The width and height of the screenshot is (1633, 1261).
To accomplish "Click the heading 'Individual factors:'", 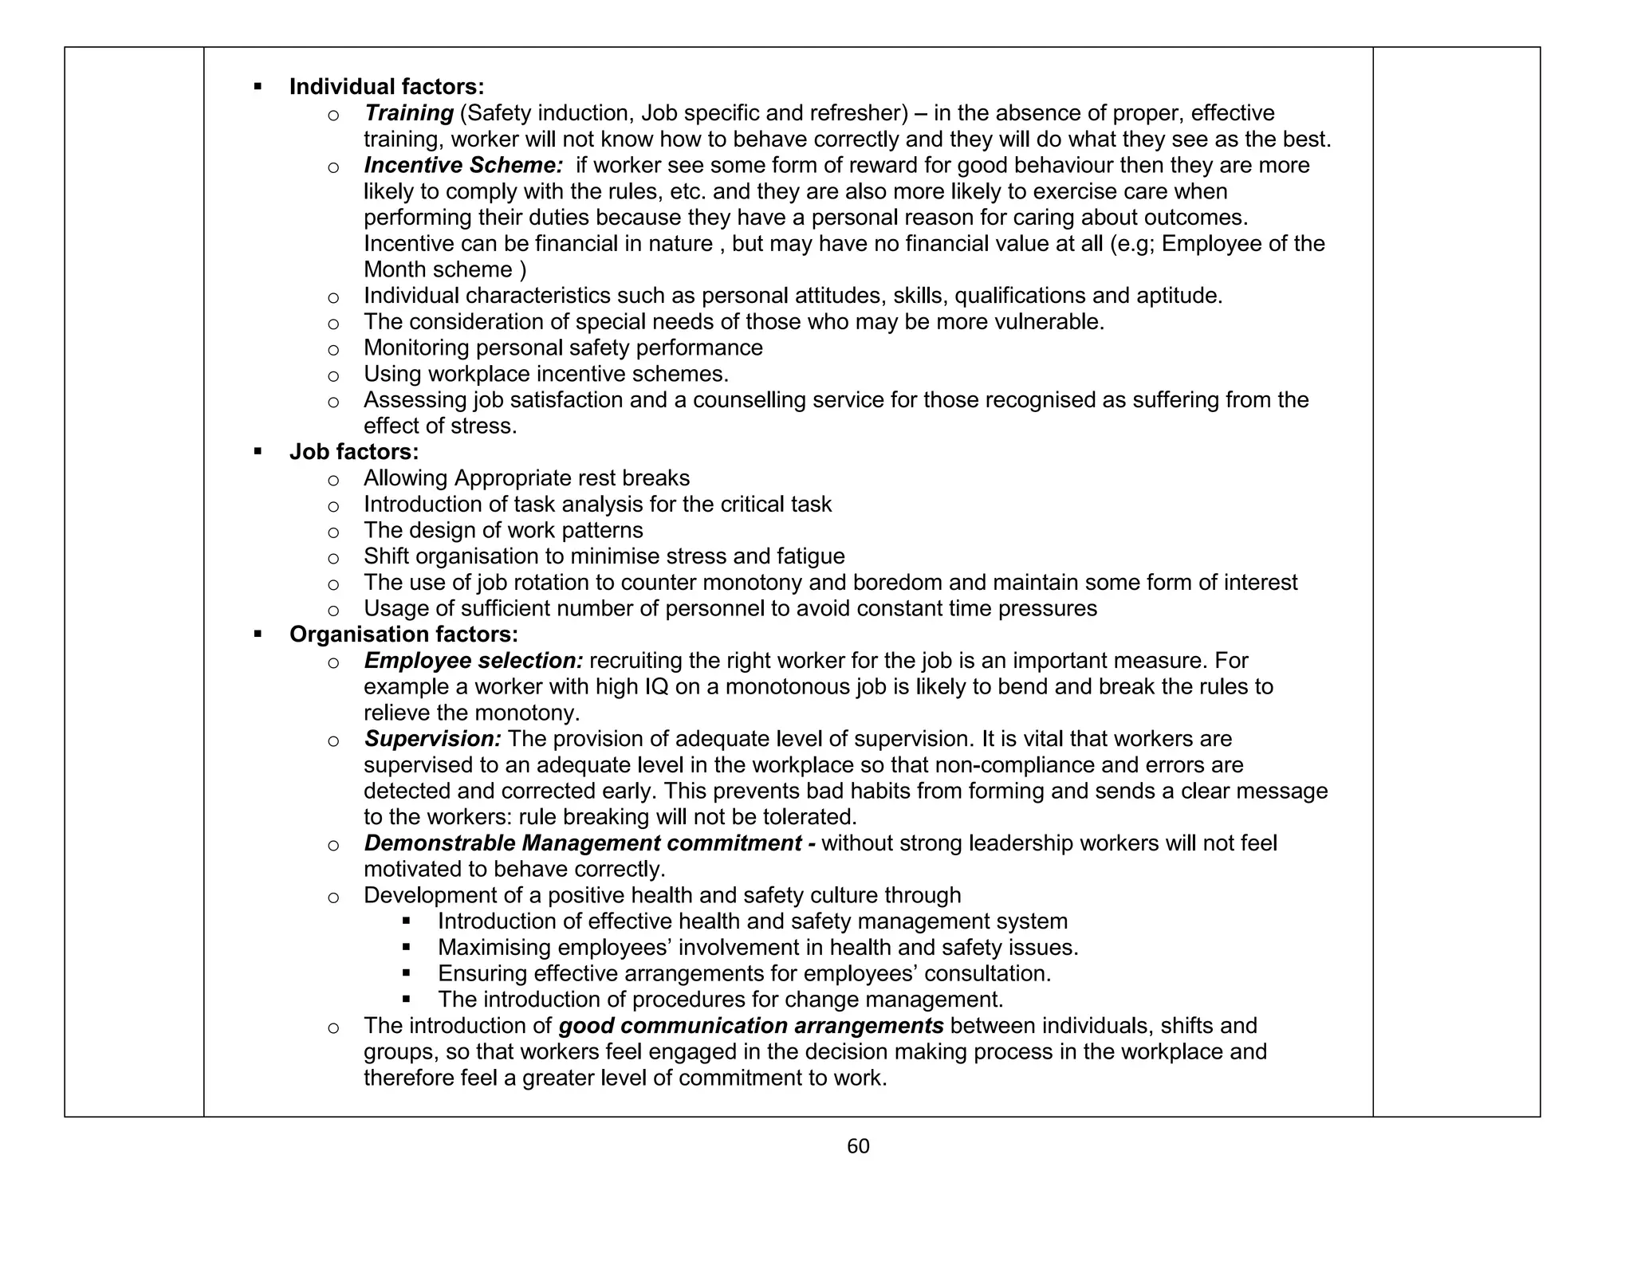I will pos(386,87).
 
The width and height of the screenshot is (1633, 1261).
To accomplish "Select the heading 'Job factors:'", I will pos(353,452).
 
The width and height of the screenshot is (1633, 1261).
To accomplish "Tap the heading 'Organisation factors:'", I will pos(403,634).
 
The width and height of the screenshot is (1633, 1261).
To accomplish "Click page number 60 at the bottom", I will pos(858,1146).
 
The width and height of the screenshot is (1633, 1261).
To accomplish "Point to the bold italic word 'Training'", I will pos(408,113).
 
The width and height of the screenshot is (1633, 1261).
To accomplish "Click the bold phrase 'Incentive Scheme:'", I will pos(464,165).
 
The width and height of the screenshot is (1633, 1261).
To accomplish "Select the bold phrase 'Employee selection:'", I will pos(474,661).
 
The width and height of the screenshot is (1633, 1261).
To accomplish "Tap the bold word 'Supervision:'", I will pos(433,739).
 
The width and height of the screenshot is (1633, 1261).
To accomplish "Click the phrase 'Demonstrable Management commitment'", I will pos(583,843).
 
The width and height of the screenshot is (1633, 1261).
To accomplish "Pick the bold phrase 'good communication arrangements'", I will pos(751,1026).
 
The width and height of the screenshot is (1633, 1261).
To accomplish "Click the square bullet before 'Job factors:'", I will pos(257,452).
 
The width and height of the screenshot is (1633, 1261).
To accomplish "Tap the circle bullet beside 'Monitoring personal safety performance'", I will pos(333,349).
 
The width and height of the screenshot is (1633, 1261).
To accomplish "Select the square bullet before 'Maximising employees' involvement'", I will pos(407,948).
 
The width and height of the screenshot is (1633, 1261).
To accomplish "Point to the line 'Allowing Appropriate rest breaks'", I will pos(526,478).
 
